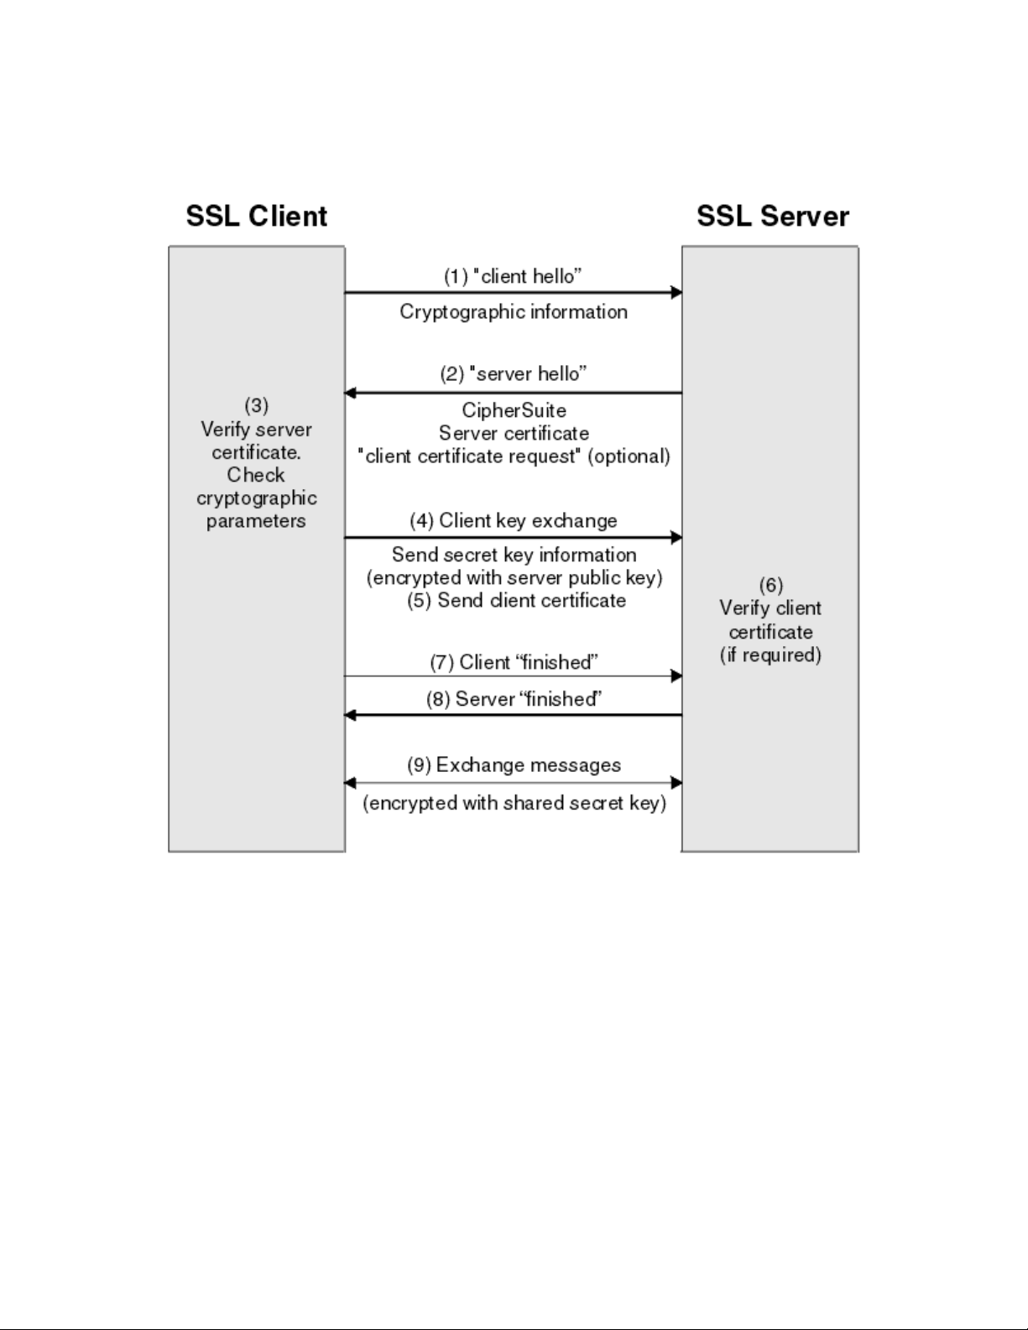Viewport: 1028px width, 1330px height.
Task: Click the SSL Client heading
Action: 256,216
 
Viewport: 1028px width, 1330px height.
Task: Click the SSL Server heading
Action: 772,216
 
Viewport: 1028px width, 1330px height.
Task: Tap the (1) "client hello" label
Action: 513,276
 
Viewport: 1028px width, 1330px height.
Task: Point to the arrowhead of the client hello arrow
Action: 676,293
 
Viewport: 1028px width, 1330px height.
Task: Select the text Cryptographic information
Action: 513,312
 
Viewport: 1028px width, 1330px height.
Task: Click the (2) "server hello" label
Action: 513,373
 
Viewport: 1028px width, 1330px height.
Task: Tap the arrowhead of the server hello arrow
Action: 351,393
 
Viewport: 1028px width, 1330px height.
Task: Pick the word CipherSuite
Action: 514,410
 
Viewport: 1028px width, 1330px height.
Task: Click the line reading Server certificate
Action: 514,434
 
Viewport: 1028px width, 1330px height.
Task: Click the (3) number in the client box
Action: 256,405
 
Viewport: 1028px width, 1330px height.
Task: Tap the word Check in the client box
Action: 256,475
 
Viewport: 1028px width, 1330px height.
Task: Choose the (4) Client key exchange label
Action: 513,520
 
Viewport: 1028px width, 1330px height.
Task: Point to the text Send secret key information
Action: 514,555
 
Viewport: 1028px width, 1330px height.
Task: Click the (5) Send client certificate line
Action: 516,601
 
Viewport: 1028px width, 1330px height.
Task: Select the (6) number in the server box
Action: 770,585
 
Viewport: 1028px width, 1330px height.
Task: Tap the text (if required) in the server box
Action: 770,655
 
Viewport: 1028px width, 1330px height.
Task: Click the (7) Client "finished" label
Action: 514,662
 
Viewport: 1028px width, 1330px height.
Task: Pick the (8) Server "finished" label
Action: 514,699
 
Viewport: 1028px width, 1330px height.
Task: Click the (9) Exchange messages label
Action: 514,765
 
